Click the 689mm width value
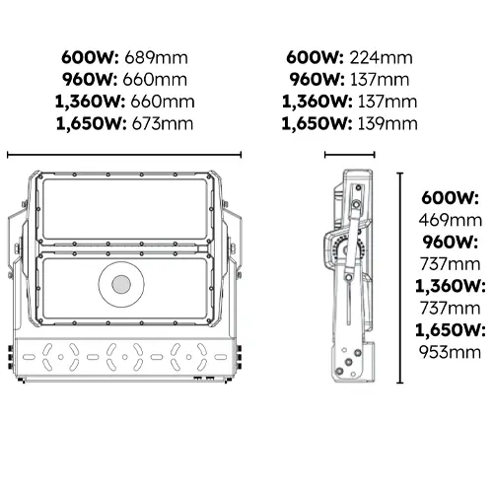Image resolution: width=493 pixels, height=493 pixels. (x=161, y=57)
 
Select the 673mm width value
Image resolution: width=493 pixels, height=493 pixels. (x=161, y=123)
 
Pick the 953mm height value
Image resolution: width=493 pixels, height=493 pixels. (x=451, y=352)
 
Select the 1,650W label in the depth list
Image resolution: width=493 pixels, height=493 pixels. (x=315, y=123)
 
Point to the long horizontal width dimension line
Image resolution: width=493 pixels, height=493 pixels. (x=125, y=154)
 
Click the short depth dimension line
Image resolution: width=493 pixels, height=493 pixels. (x=347, y=154)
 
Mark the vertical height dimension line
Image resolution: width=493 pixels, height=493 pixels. (x=398, y=277)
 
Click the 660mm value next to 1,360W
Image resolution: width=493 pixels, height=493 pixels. (x=161, y=102)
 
